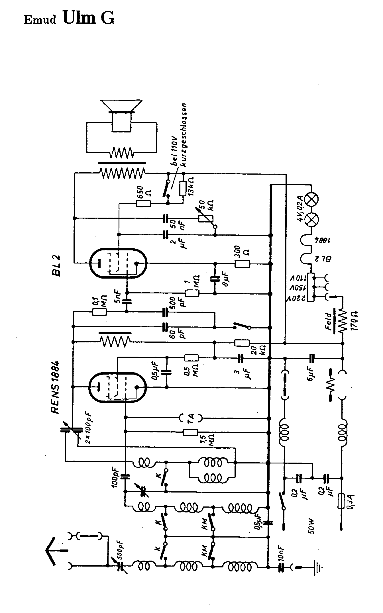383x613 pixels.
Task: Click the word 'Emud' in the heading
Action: coord(40,20)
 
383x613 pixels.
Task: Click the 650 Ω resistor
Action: coord(144,203)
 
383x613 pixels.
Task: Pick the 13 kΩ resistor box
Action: coord(183,188)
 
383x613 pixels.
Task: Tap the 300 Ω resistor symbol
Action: coord(242,264)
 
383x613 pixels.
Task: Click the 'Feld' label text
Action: coord(329,322)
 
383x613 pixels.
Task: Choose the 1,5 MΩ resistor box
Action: coord(190,432)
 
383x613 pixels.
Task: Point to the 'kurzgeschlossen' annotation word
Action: coord(186,134)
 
